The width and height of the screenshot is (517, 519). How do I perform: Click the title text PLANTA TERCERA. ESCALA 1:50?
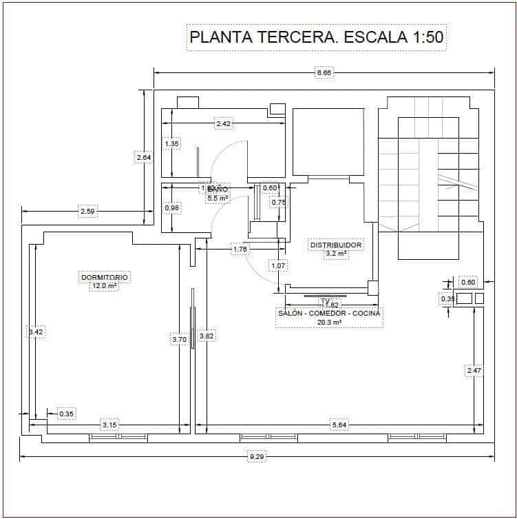coord(317,37)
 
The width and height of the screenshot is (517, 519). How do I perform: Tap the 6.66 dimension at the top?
coord(324,72)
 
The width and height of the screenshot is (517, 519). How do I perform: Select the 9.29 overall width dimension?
coord(256,456)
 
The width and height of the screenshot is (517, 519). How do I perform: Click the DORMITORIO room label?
coord(105,277)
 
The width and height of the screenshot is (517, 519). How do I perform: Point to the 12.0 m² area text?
coord(105,286)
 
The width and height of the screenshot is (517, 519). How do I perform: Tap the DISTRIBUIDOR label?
coord(336,245)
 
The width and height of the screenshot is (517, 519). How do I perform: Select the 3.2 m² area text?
coord(336,254)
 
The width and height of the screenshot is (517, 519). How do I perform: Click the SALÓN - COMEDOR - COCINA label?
coord(329,313)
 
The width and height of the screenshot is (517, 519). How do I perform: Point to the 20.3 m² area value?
coord(329,322)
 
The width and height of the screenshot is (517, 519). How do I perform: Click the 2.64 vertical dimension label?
coord(143,157)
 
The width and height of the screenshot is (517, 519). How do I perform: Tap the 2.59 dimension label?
coord(87,212)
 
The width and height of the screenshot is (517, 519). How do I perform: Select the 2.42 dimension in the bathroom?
coord(223,124)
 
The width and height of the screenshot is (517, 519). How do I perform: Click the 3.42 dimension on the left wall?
coord(35,332)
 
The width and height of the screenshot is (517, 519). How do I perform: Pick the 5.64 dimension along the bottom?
coord(339,425)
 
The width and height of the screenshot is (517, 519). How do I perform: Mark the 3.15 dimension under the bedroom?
coord(109,425)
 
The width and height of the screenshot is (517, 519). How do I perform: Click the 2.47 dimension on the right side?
coord(474,371)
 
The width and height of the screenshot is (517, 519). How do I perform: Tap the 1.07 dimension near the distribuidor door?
coord(278,265)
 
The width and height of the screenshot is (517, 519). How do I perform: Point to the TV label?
coord(325,301)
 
